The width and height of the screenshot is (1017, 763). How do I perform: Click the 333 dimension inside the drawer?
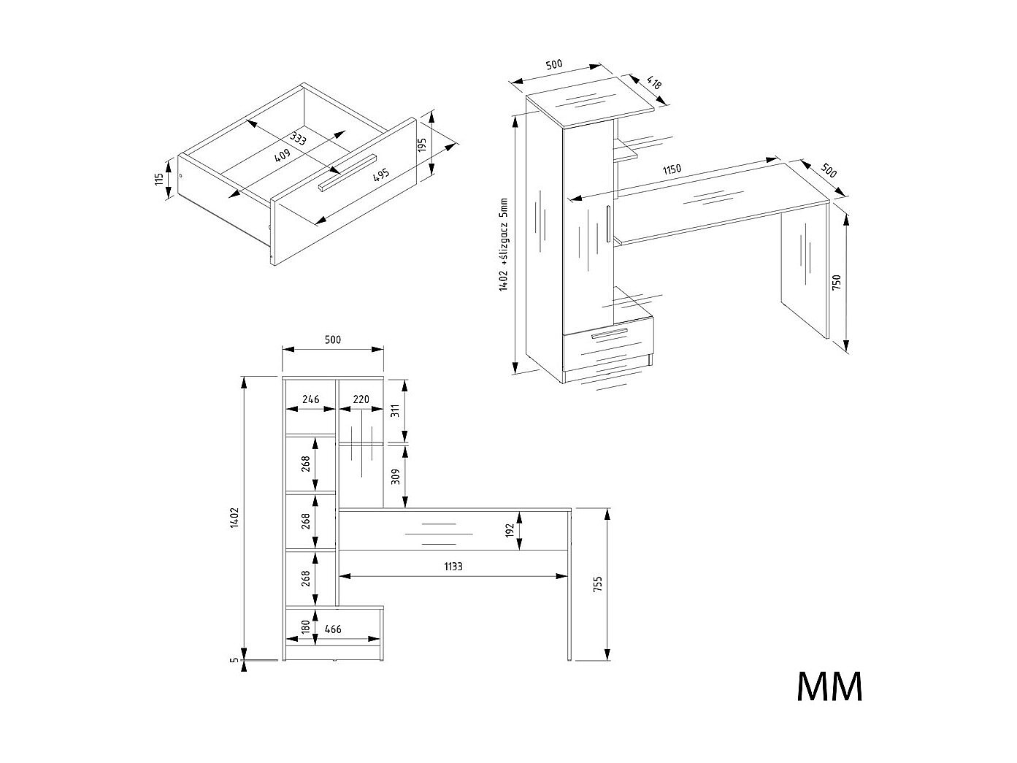coord(297,138)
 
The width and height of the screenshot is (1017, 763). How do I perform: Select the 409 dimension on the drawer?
coord(283,155)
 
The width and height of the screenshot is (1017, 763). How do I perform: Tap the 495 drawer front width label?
coord(381,175)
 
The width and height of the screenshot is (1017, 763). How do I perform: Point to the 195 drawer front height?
coord(423,145)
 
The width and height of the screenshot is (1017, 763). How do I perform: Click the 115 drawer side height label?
coord(159,179)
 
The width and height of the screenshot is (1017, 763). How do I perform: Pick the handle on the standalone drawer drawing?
coord(347,172)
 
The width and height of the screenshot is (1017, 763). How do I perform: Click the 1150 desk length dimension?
coord(672,169)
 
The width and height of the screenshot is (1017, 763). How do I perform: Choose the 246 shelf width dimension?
coord(310,399)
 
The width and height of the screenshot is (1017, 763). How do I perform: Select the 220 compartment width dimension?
coord(361,399)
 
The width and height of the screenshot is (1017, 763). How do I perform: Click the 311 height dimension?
coord(395,410)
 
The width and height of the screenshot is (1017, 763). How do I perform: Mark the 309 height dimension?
coord(395,477)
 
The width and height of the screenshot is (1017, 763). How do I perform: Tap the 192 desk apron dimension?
coord(510,531)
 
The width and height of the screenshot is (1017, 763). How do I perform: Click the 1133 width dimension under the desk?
coord(453,566)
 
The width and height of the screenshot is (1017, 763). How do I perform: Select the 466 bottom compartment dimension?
coord(333,629)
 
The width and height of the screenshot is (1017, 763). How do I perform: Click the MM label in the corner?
coord(829,686)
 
